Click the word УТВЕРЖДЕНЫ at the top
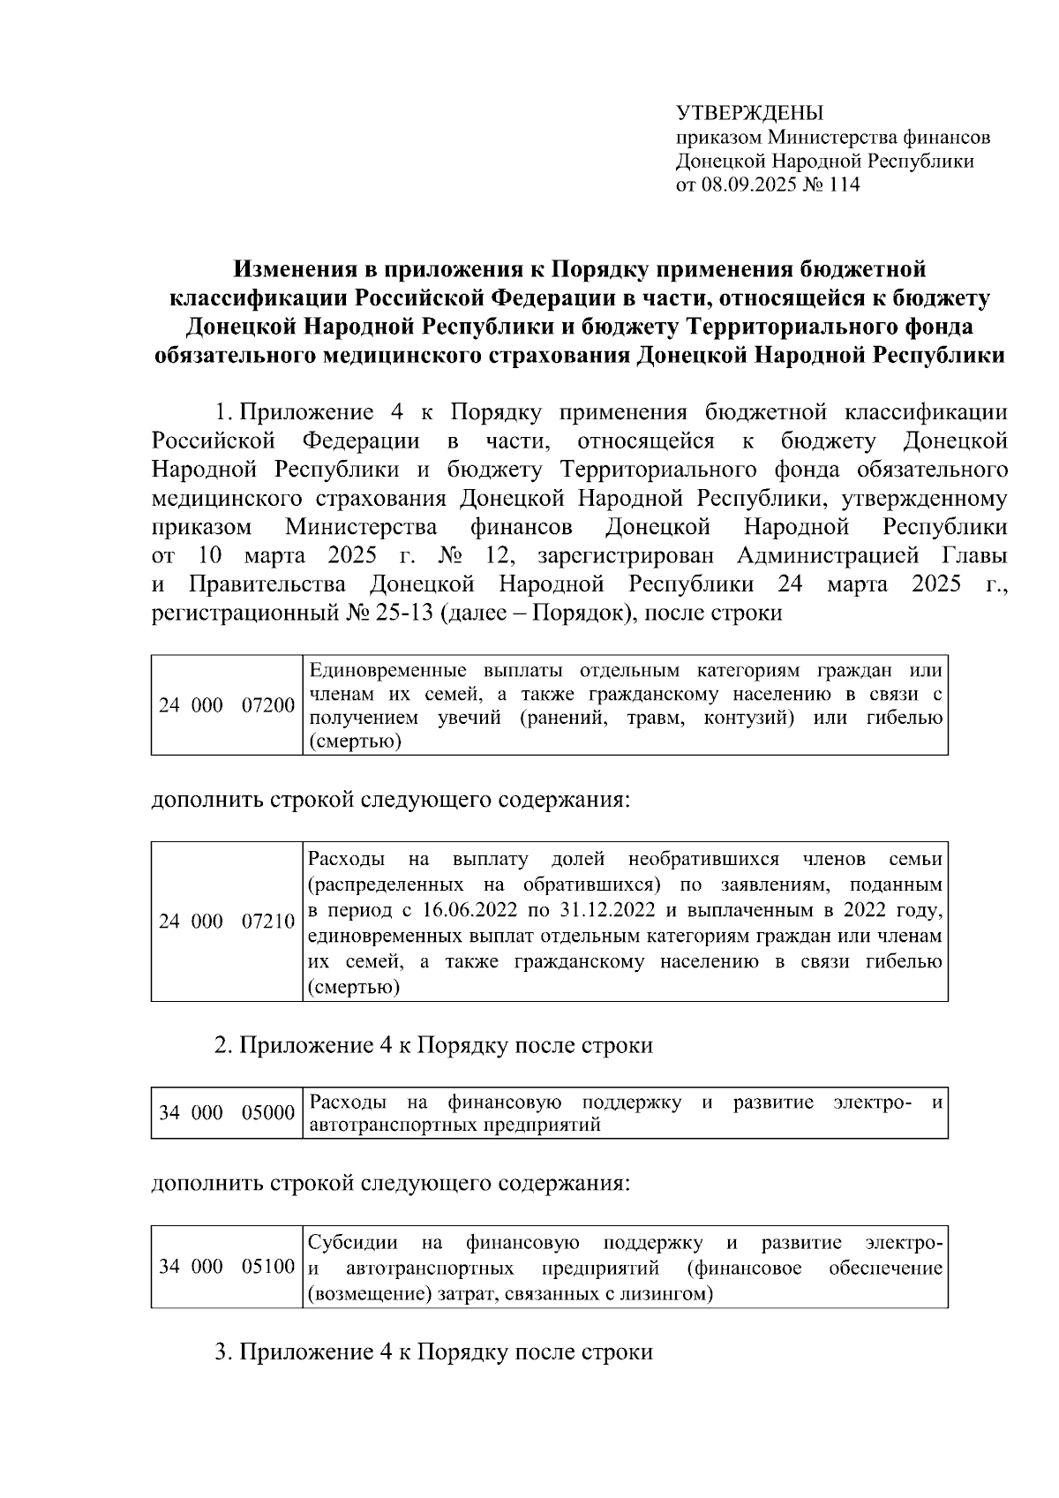tap(749, 114)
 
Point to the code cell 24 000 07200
tap(227, 705)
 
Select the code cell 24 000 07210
tap(227, 922)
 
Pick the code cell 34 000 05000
tap(227, 1112)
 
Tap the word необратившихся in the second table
tap(703, 859)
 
